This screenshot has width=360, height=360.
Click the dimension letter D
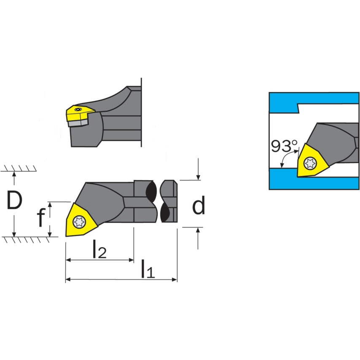[x=14, y=200]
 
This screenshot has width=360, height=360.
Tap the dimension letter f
[x=40, y=218]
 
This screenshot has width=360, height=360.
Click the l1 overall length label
[x=148, y=269]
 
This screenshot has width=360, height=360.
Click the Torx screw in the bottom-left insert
[x=79, y=222]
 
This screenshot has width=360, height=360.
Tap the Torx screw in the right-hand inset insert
[x=310, y=163]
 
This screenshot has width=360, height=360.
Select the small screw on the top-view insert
[x=79, y=109]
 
